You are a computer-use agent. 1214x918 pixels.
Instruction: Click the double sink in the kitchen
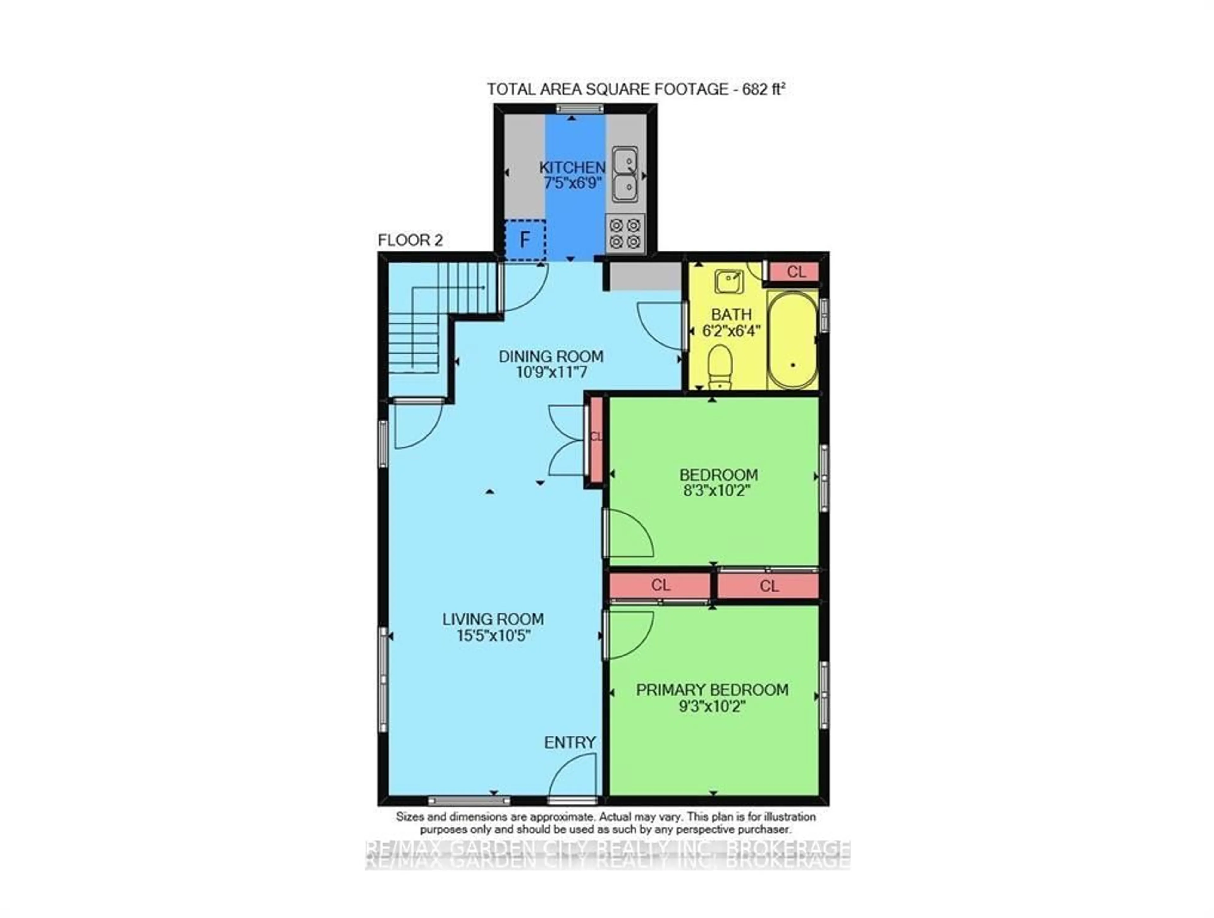(x=625, y=175)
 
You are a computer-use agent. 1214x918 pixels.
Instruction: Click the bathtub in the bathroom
(x=793, y=340)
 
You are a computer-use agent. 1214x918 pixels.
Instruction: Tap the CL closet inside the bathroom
(x=795, y=271)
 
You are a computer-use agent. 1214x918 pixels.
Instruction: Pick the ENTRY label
(x=570, y=742)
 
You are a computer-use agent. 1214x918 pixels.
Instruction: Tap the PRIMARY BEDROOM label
(x=712, y=690)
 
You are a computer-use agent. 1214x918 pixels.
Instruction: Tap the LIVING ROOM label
(x=493, y=619)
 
